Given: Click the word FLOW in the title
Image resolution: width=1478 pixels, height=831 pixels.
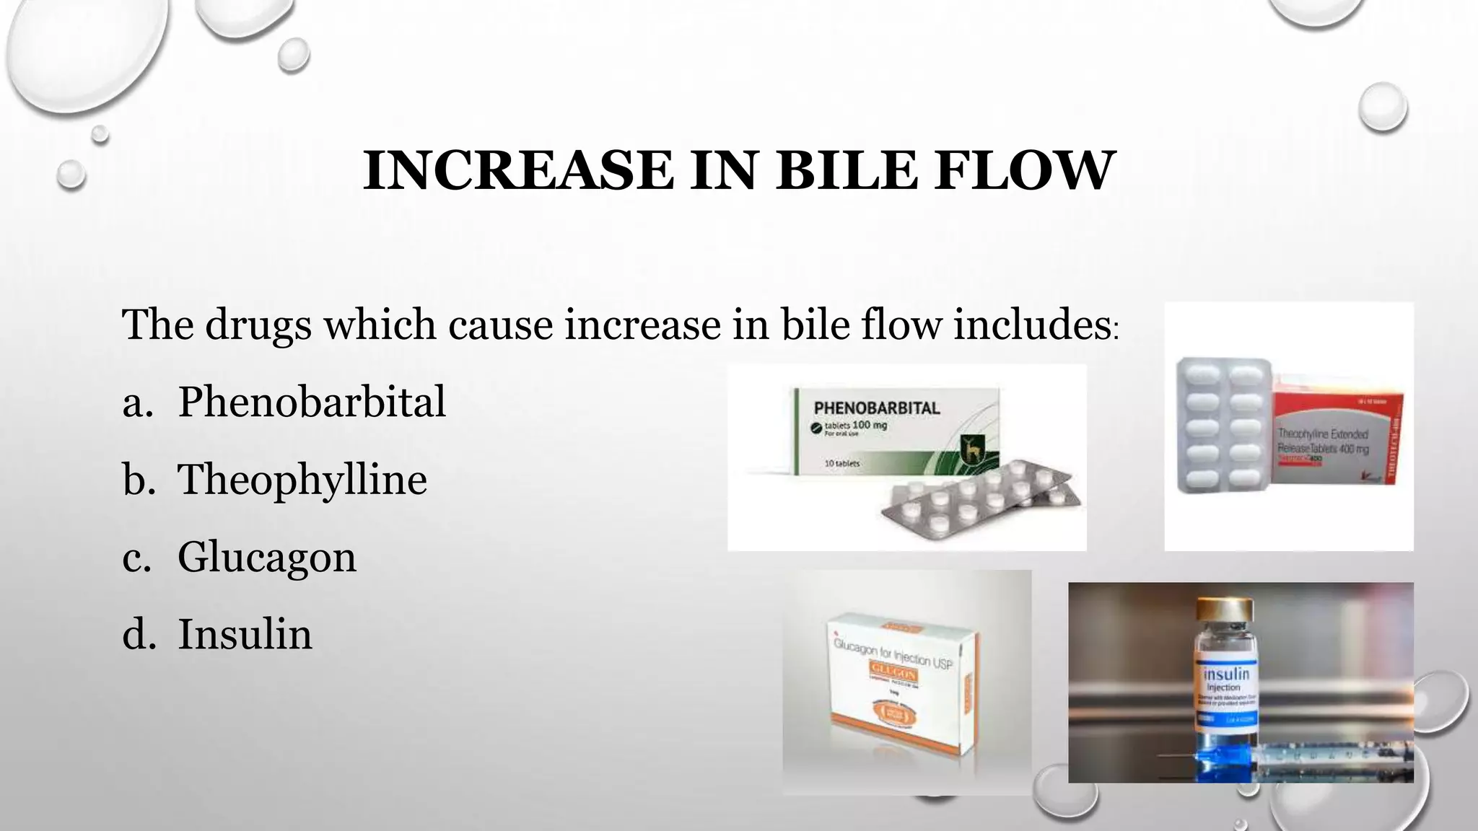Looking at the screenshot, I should coord(1023,171).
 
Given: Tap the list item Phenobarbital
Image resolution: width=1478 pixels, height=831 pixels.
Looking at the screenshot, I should coord(311,402).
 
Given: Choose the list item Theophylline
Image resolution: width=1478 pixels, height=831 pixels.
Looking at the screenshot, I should coord(302,480).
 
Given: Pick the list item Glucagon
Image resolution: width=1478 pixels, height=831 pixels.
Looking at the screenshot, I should coord(266,558).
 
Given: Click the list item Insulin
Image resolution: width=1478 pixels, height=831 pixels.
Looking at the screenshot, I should coord(245,635).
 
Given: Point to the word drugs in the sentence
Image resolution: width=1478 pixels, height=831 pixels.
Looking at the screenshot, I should coord(258,326).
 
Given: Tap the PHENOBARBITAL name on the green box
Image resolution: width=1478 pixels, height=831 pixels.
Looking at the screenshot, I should coord(876,408).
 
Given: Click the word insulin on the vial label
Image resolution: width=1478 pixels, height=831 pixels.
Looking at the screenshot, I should coord(1225,674).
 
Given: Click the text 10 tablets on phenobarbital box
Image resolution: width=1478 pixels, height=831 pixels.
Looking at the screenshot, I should coord(841,463).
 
